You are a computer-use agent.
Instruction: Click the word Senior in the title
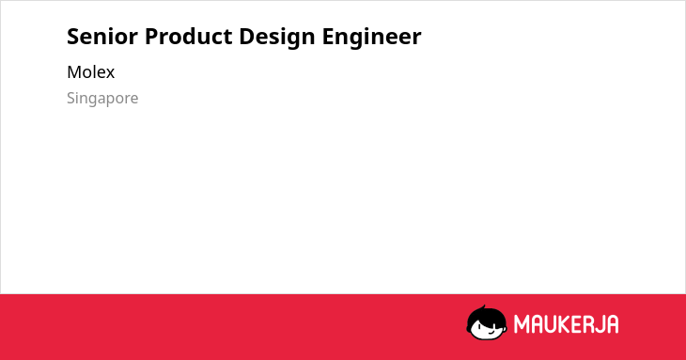click(102, 37)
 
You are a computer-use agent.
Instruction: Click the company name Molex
click(90, 72)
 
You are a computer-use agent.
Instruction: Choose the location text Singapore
click(102, 99)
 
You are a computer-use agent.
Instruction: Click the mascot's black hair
click(486, 316)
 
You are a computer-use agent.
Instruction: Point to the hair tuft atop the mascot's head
click(483, 307)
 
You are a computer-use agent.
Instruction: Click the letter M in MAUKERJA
click(522, 324)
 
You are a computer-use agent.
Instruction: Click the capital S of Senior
click(72, 37)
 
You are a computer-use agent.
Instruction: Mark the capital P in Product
click(151, 37)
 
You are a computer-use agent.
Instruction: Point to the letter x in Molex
click(110, 73)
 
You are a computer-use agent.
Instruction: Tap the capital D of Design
click(247, 37)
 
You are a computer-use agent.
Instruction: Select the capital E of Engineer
click(328, 37)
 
